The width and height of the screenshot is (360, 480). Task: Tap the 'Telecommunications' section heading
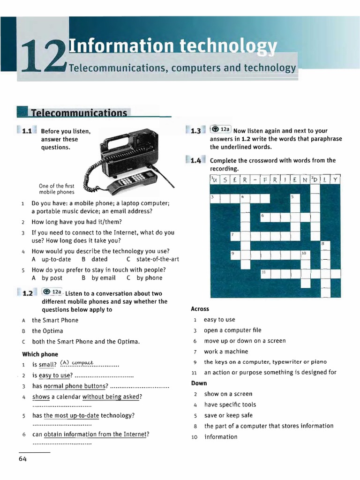79,113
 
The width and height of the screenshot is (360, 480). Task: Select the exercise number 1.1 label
26,131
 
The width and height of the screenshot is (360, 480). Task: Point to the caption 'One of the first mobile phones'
56,189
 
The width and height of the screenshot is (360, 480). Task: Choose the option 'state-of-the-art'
157,259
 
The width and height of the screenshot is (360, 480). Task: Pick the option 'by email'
104,278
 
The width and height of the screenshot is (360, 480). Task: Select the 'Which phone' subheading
40,354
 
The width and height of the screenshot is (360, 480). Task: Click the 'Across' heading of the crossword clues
200,309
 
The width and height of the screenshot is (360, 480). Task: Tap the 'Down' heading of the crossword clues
199,383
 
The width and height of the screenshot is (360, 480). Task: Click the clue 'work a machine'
226,352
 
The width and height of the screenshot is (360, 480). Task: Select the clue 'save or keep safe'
228,415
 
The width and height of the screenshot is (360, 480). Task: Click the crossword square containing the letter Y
335,180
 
